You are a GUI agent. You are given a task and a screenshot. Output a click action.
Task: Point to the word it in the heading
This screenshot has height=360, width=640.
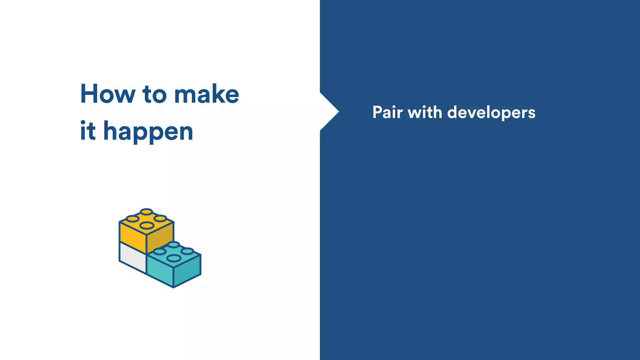[x=87, y=131]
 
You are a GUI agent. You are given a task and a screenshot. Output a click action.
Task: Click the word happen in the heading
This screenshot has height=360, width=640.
[x=148, y=131]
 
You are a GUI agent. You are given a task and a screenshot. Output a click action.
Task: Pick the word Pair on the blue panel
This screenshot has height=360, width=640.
[x=387, y=112]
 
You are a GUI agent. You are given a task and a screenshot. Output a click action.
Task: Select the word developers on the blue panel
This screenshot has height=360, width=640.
[x=491, y=113]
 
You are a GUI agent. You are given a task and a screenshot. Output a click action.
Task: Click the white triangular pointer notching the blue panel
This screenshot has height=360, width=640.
[x=328, y=112]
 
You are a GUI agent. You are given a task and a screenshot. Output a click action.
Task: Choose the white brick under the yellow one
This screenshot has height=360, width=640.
[x=132, y=257]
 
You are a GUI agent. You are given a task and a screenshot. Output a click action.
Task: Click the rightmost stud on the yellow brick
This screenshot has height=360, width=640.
[x=160, y=218]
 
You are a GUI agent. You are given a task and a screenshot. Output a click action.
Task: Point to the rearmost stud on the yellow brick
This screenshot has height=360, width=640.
[x=146, y=212]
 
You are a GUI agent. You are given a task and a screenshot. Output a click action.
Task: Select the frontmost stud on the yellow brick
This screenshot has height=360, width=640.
[x=146, y=225]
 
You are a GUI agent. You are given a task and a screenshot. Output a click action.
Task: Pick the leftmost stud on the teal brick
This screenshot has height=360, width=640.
[x=160, y=252]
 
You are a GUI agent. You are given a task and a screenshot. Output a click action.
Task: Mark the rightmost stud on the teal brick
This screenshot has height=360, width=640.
[x=187, y=251]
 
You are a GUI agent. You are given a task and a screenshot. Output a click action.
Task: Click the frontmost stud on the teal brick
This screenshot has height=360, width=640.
[x=174, y=258]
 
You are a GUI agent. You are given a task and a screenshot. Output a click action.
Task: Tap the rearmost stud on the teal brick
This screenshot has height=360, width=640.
[x=173, y=244]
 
